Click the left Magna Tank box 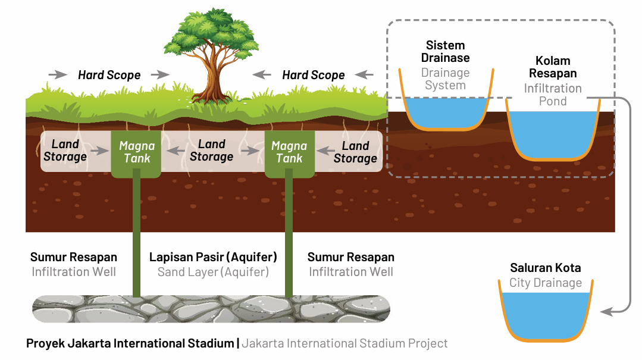coord(136,154)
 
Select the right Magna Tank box coord(290,154)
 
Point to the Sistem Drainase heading coord(446,52)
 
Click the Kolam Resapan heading coord(553,67)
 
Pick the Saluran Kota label coord(546,268)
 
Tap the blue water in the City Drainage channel coord(546,314)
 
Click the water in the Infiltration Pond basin coord(553,134)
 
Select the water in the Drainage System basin coord(446,112)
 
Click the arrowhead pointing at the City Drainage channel coord(606,312)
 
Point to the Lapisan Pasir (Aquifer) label coord(213,257)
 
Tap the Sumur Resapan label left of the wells coord(74,257)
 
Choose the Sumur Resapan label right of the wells coord(351,257)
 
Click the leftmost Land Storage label coord(65,151)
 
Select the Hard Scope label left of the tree coord(109,75)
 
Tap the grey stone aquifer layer coord(211,309)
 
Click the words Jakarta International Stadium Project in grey coord(345,343)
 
